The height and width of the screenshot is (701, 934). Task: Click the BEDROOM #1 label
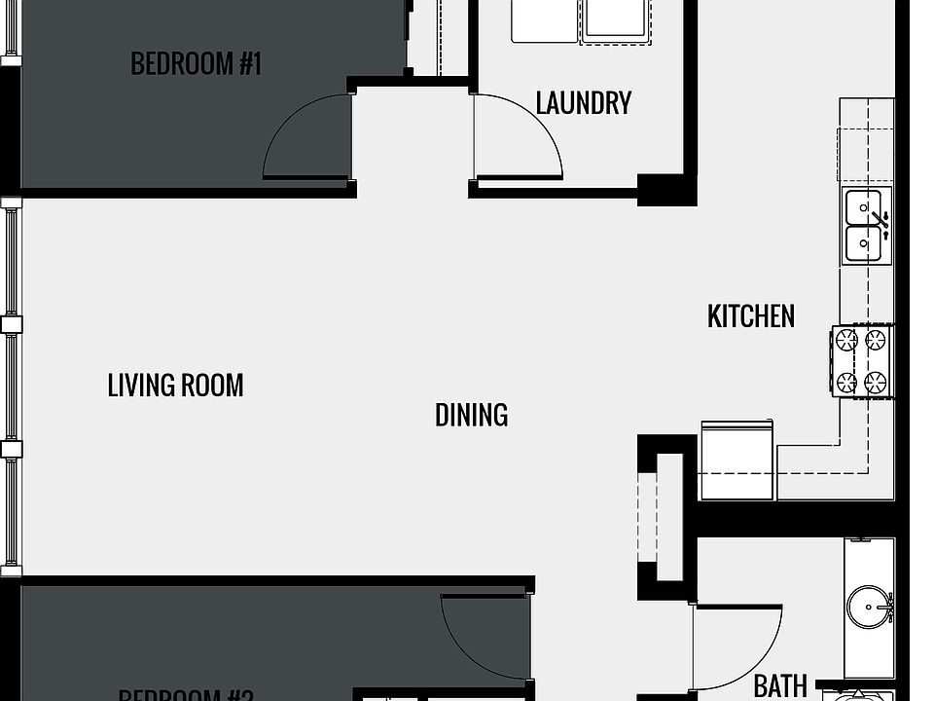(x=197, y=64)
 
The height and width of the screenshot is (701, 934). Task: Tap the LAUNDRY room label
(x=584, y=103)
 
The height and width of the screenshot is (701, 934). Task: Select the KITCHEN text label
(x=750, y=316)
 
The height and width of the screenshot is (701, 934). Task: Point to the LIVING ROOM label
(x=175, y=386)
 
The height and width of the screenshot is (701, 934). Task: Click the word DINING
(x=471, y=416)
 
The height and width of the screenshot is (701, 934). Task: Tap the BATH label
(x=780, y=686)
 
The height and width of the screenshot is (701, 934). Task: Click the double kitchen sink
(x=865, y=226)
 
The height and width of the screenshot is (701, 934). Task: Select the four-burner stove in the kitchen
(x=861, y=361)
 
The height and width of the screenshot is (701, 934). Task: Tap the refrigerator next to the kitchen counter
(x=736, y=460)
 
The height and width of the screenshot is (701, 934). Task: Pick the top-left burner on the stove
(x=846, y=340)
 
